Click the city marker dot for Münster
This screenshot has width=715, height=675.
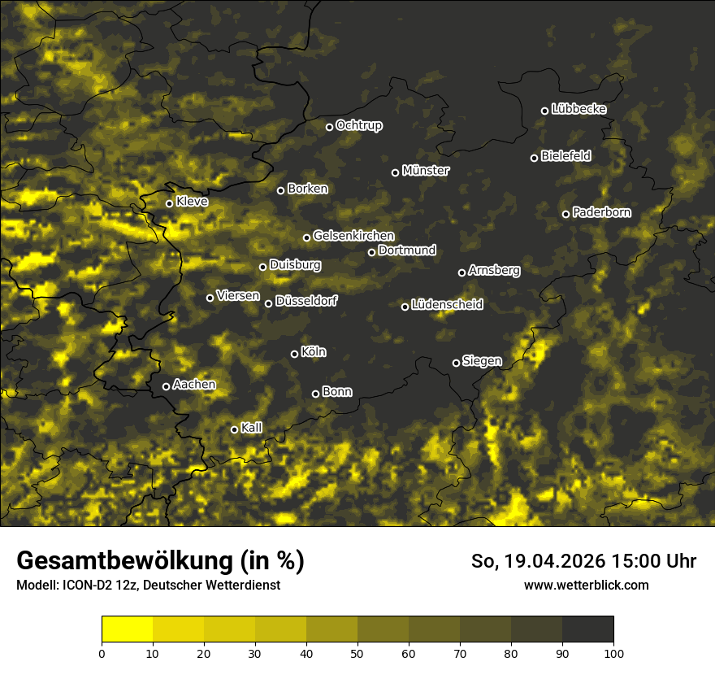pos(396,172)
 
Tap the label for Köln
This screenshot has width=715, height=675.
pos(314,352)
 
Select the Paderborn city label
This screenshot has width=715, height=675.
pos(602,212)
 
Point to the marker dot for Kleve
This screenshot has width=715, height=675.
pos(169,203)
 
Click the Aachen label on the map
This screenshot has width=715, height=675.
pos(194,385)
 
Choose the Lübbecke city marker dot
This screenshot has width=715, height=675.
pos(544,111)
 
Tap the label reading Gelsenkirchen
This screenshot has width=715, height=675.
pos(353,236)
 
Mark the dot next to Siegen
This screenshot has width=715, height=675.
pos(456,363)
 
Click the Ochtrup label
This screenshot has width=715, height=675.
pos(359,125)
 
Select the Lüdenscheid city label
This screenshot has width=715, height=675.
pos(447,305)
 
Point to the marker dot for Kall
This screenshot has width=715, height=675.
pos(234,429)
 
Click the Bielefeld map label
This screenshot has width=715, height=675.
pos(565,155)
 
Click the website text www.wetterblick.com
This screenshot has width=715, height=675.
pos(587,585)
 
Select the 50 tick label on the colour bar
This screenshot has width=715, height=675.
pos(357,652)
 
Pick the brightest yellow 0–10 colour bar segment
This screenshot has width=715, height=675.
pos(127,629)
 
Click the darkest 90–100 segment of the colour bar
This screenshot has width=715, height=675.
pos(587,629)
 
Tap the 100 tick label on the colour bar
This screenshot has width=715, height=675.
pos(613,652)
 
